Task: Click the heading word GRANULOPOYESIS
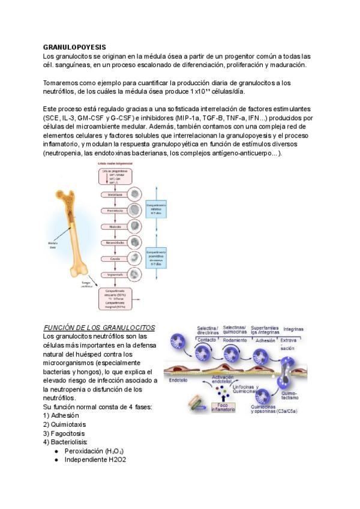74,46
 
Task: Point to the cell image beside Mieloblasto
134,195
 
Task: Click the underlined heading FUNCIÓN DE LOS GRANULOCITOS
100,328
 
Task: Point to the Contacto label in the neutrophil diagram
206,340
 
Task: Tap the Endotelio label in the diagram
180,380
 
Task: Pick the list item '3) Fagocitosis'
64,433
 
